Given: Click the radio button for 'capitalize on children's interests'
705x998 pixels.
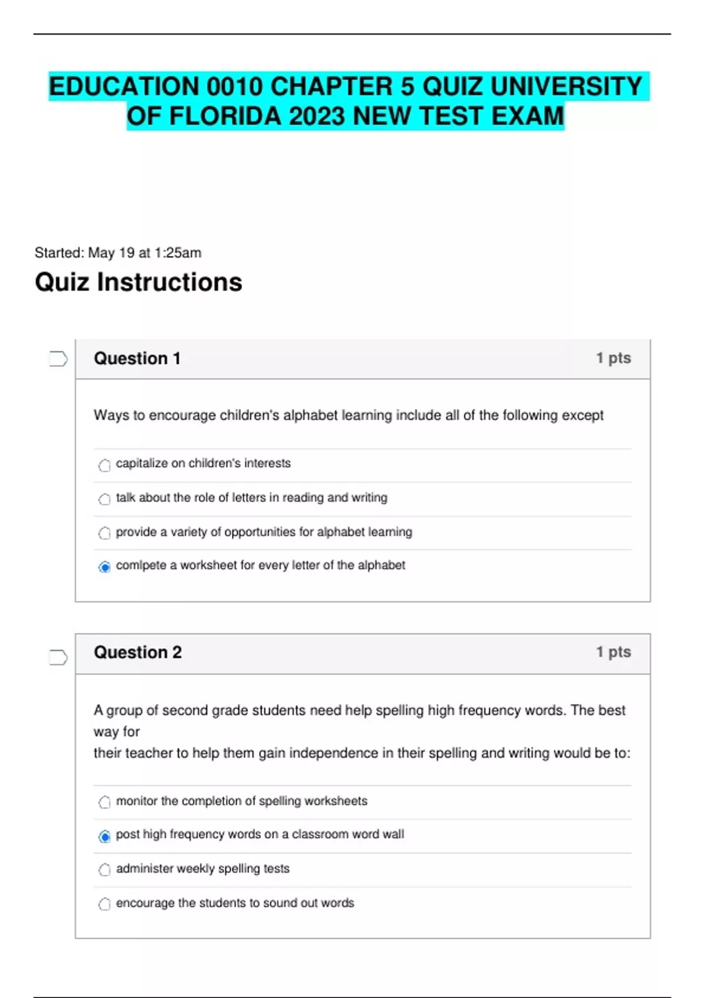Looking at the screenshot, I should click(x=105, y=466).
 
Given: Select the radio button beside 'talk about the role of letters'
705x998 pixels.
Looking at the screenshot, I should click(x=105, y=500).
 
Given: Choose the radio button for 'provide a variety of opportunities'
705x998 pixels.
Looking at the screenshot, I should click(x=105, y=533).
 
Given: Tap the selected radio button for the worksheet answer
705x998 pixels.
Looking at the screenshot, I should click(x=105, y=567).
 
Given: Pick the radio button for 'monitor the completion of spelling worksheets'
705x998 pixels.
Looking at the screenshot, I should click(x=105, y=802).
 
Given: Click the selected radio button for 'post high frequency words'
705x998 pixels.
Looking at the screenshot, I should click(x=105, y=836).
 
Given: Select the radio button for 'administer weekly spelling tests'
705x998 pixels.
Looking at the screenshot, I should click(x=105, y=869).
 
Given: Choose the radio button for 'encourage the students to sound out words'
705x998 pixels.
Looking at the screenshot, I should click(x=105, y=904).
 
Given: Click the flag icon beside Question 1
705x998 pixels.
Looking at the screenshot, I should click(x=58, y=359).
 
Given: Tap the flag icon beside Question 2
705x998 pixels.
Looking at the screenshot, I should click(x=58, y=658).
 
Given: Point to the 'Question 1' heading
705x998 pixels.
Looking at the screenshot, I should click(x=137, y=359).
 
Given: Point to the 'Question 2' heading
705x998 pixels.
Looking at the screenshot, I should click(x=137, y=652).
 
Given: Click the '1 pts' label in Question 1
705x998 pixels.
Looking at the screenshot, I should click(x=613, y=358).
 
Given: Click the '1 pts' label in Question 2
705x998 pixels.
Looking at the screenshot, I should click(x=613, y=652).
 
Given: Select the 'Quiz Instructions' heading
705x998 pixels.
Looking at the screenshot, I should click(x=139, y=282).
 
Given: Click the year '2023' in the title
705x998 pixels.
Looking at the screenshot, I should click(x=317, y=116).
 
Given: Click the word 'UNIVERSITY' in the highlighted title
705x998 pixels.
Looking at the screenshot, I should click(x=566, y=86).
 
